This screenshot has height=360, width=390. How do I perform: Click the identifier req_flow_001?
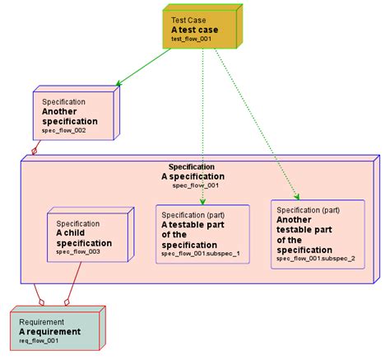click(39, 340)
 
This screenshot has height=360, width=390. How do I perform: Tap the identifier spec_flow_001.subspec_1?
click(200, 254)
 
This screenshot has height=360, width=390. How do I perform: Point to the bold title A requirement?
click(50, 331)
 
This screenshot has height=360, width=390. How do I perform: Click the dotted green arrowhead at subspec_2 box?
click(296, 196)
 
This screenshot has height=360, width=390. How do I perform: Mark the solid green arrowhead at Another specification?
click(120, 83)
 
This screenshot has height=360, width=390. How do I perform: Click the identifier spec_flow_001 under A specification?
click(195, 185)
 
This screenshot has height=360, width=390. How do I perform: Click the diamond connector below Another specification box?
click(34, 151)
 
